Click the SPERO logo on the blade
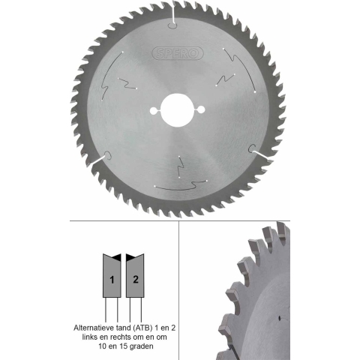(178, 53)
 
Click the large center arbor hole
(178, 110)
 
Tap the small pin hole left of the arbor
(154, 111)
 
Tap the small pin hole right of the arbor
(201, 109)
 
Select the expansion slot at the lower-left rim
(102, 159)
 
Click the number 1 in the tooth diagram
(112, 280)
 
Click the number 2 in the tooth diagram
(136, 279)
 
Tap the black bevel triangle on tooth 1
(117, 258)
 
